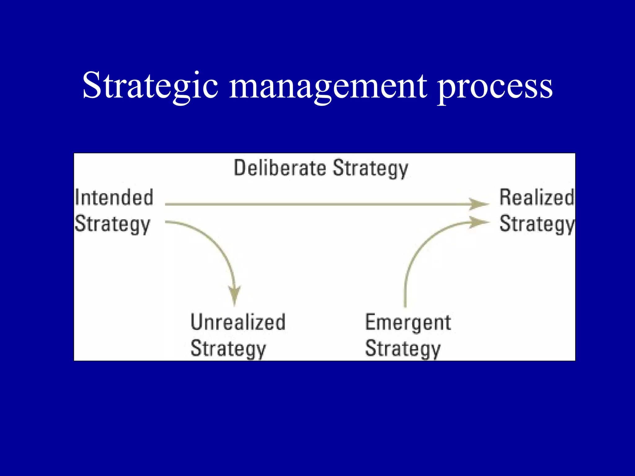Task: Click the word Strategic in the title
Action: tap(150, 85)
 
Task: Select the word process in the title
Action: tap(495, 87)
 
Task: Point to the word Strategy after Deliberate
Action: tap(371, 169)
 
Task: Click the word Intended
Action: tap(114, 197)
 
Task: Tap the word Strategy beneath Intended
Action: tap(113, 224)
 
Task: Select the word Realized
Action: tap(537, 197)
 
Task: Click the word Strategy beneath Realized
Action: tap(537, 224)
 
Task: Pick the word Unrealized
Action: tap(238, 322)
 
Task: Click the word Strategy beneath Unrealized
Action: tap(228, 349)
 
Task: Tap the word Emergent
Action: tap(408, 322)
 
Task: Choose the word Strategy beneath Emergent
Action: tap(403, 349)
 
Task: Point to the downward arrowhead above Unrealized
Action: tap(235, 296)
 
